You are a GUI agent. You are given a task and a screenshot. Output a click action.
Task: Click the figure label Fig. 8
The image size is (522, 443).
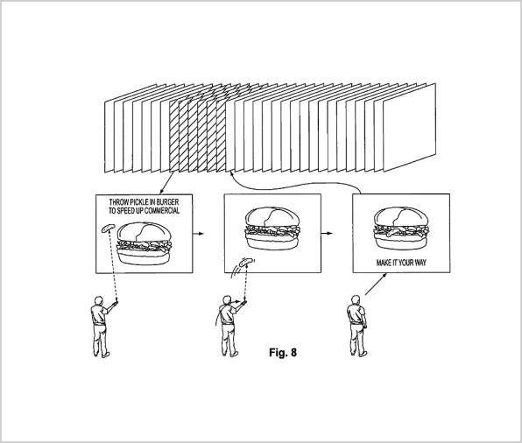click(283, 352)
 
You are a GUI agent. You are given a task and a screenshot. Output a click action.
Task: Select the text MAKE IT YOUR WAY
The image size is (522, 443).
click(401, 263)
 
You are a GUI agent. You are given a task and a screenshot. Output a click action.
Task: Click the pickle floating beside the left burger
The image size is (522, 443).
click(108, 228)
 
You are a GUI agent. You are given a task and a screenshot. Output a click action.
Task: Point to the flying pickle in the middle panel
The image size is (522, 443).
click(246, 261)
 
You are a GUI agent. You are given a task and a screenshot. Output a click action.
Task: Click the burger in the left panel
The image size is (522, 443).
click(145, 244)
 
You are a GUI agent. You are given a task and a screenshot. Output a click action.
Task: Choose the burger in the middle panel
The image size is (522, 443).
click(272, 229)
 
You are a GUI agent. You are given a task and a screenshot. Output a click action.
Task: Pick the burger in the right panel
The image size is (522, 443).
click(401, 229)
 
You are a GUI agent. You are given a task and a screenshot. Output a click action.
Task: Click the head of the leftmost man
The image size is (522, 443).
click(98, 300)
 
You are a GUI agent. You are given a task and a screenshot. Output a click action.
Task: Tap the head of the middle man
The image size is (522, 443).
click(227, 300)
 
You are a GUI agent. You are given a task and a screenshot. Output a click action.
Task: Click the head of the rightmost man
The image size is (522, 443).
click(356, 299)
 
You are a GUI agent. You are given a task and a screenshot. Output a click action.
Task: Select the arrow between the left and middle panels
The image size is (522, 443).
click(198, 233)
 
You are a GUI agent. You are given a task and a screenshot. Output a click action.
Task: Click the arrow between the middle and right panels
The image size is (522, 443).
click(327, 233)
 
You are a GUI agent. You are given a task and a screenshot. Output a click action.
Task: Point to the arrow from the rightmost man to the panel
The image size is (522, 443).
click(376, 284)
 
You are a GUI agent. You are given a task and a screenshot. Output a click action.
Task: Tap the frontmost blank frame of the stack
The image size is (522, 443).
click(410, 128)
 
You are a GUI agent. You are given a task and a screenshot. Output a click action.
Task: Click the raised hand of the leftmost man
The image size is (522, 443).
click(116, 302)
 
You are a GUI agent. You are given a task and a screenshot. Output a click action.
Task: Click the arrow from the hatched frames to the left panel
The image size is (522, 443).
click(167, 183)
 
